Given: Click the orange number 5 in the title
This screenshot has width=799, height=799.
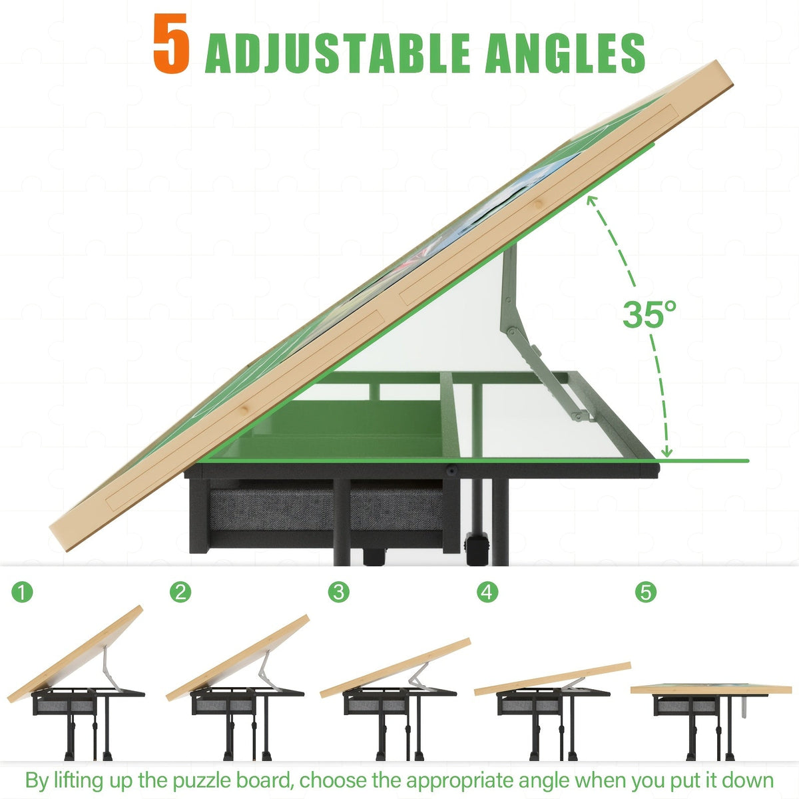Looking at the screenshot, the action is [x=171, y=43].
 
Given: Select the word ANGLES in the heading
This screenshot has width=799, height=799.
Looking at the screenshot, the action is [x=565, y=53].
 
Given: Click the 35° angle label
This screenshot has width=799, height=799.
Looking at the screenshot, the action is [x=649, y=314].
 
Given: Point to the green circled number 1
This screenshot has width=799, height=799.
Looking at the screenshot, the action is [x=22, y=593].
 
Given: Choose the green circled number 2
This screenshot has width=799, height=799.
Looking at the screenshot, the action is [x=180, y=592].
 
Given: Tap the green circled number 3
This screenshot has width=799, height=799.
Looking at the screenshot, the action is [x=339, y=592].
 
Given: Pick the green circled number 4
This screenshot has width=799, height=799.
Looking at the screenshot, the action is [x=487, y=592].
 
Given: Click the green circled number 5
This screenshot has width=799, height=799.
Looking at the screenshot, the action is [x=646, y=592].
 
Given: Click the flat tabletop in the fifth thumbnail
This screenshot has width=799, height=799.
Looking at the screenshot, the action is [x=710, y=690].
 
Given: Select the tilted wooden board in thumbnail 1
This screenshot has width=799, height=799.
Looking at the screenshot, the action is [x=75, y=654].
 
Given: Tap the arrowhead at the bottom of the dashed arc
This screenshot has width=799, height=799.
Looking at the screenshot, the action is [x=666, y=451].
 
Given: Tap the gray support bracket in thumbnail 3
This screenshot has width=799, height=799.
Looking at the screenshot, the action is [x=419, y=675].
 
